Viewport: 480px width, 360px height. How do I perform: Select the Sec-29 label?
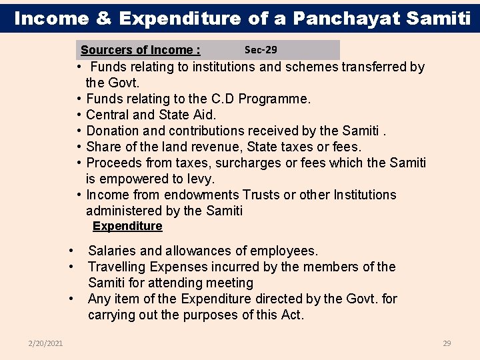(261, 49)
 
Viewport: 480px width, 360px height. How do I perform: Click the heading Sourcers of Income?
(140, 50)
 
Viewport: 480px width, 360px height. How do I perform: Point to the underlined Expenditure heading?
(127, 226)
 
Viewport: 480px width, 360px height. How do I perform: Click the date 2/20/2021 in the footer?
(46, 343)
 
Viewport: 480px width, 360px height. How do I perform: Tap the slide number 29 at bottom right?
(447, 343)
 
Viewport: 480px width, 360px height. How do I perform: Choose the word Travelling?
(117, 267)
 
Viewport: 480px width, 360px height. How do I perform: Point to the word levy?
(202, 179)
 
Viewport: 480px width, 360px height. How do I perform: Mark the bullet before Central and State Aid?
(79, 115)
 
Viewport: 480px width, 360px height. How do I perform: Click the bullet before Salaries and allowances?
(71, 251)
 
